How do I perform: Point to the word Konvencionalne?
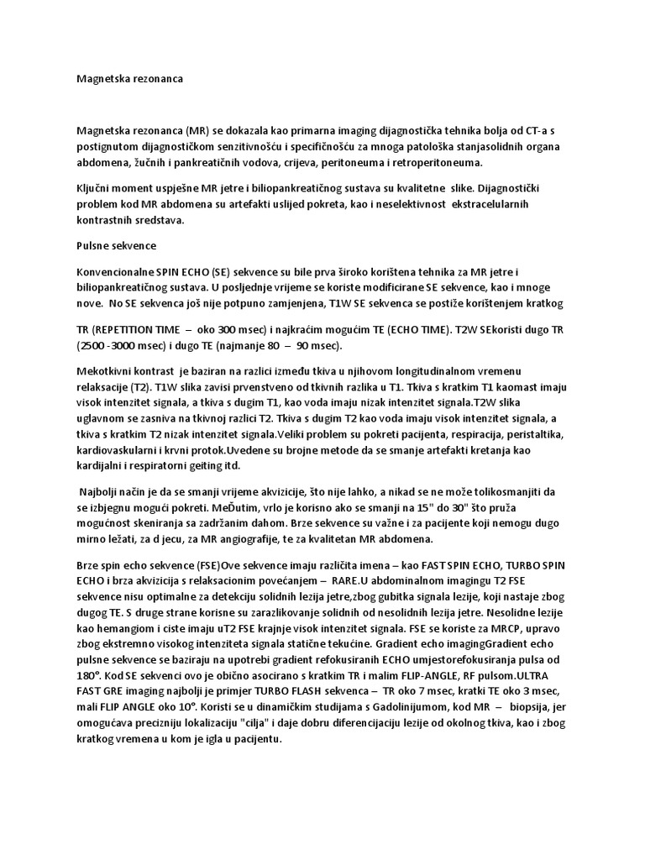coord(114,272)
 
